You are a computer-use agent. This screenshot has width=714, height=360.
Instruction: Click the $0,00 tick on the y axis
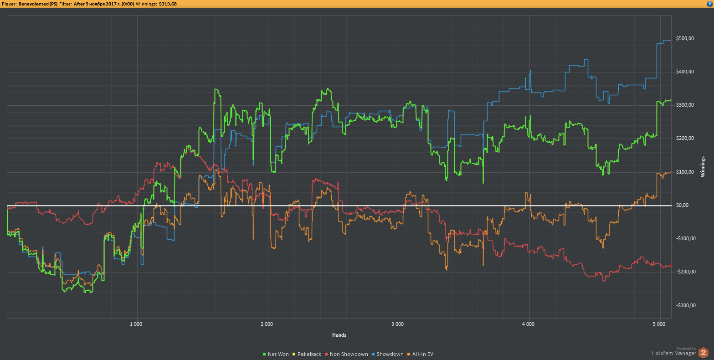(686, 206)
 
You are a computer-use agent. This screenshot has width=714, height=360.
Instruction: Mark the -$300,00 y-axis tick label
(685, 305)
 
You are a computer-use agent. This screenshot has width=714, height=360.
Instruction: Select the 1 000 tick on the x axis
(136, 324)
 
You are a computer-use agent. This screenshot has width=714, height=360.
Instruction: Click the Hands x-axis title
(339, 335)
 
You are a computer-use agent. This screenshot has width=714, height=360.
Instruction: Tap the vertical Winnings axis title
(703, 167)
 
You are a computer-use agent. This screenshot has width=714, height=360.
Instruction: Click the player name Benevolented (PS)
(38, 4)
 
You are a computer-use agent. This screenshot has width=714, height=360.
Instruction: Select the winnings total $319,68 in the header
(168, 4)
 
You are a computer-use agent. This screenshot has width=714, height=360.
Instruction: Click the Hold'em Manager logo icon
(704, 352)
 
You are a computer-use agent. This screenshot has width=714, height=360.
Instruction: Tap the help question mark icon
(710, 4)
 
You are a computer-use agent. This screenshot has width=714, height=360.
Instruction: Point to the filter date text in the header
(103, 4)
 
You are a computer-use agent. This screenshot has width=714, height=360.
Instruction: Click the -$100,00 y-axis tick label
(685, 239)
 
